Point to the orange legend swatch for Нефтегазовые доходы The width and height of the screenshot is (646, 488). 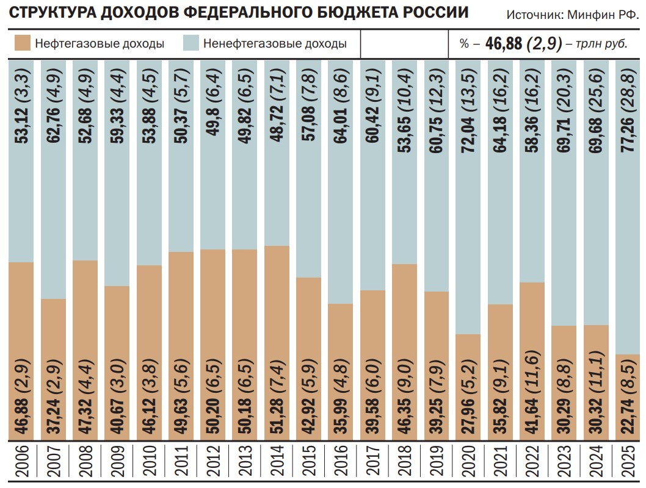tap(22, 43)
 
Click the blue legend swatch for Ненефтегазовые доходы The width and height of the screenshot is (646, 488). tap(191, 43)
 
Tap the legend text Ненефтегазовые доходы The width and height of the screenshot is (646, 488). tap(275, 44)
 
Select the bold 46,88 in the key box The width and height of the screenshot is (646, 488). tap(505, 44)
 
